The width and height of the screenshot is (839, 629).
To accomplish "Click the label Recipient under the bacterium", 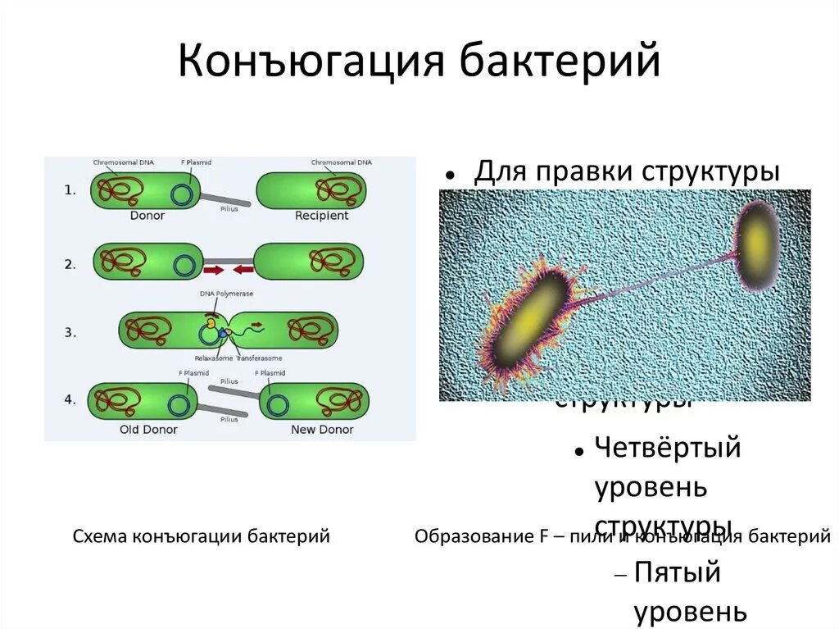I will tap(321, 216).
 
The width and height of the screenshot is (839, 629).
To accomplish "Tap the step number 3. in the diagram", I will tap(70, 333).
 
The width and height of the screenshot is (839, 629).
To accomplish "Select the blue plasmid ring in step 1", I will tap(183, 194).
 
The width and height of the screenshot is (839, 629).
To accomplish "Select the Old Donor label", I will tap(148, 429).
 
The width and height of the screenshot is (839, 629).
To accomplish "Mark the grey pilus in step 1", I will tap(226, 199).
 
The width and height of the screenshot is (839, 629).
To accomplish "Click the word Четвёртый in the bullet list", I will tap(667, 449).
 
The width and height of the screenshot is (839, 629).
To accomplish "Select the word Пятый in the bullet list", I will tap(677, 572).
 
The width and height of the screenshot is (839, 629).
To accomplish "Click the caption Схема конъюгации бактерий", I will tap(201, 536).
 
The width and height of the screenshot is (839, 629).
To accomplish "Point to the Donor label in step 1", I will tap(147, 216).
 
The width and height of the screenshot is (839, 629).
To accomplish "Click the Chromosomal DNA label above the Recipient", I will tap(341, 162).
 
